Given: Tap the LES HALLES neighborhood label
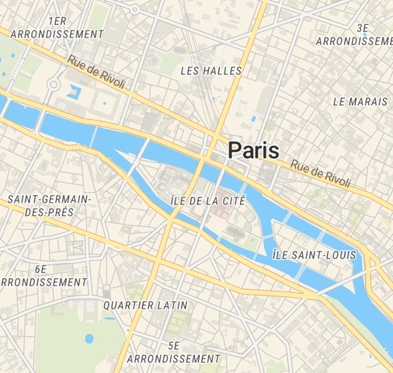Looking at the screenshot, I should coord(210,71).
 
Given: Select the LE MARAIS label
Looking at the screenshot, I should coord(360,102).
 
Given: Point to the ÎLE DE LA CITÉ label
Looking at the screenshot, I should coord(207,200).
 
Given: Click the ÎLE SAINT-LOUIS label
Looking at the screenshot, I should coord(314,255).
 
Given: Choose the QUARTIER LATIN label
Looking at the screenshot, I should coord(145,305).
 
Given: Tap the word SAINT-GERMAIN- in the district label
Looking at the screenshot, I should coord(50,200).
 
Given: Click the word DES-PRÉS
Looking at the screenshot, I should coord(49,212).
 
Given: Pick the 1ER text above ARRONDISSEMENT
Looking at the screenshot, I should coord(57,21).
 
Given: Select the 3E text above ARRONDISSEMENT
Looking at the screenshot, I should coord(362,27).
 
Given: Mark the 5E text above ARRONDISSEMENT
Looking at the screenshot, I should coord(173,345).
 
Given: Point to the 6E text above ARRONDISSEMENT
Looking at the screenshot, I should coord(42,268).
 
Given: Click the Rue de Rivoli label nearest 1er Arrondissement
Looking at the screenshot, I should coord(96,72).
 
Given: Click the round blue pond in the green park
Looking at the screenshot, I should coord(89,339).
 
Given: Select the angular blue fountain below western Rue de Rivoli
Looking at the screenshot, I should coord(75,91).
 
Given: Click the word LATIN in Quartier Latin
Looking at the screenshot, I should coord(172,305).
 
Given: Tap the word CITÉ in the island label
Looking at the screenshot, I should coord(232,200).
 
